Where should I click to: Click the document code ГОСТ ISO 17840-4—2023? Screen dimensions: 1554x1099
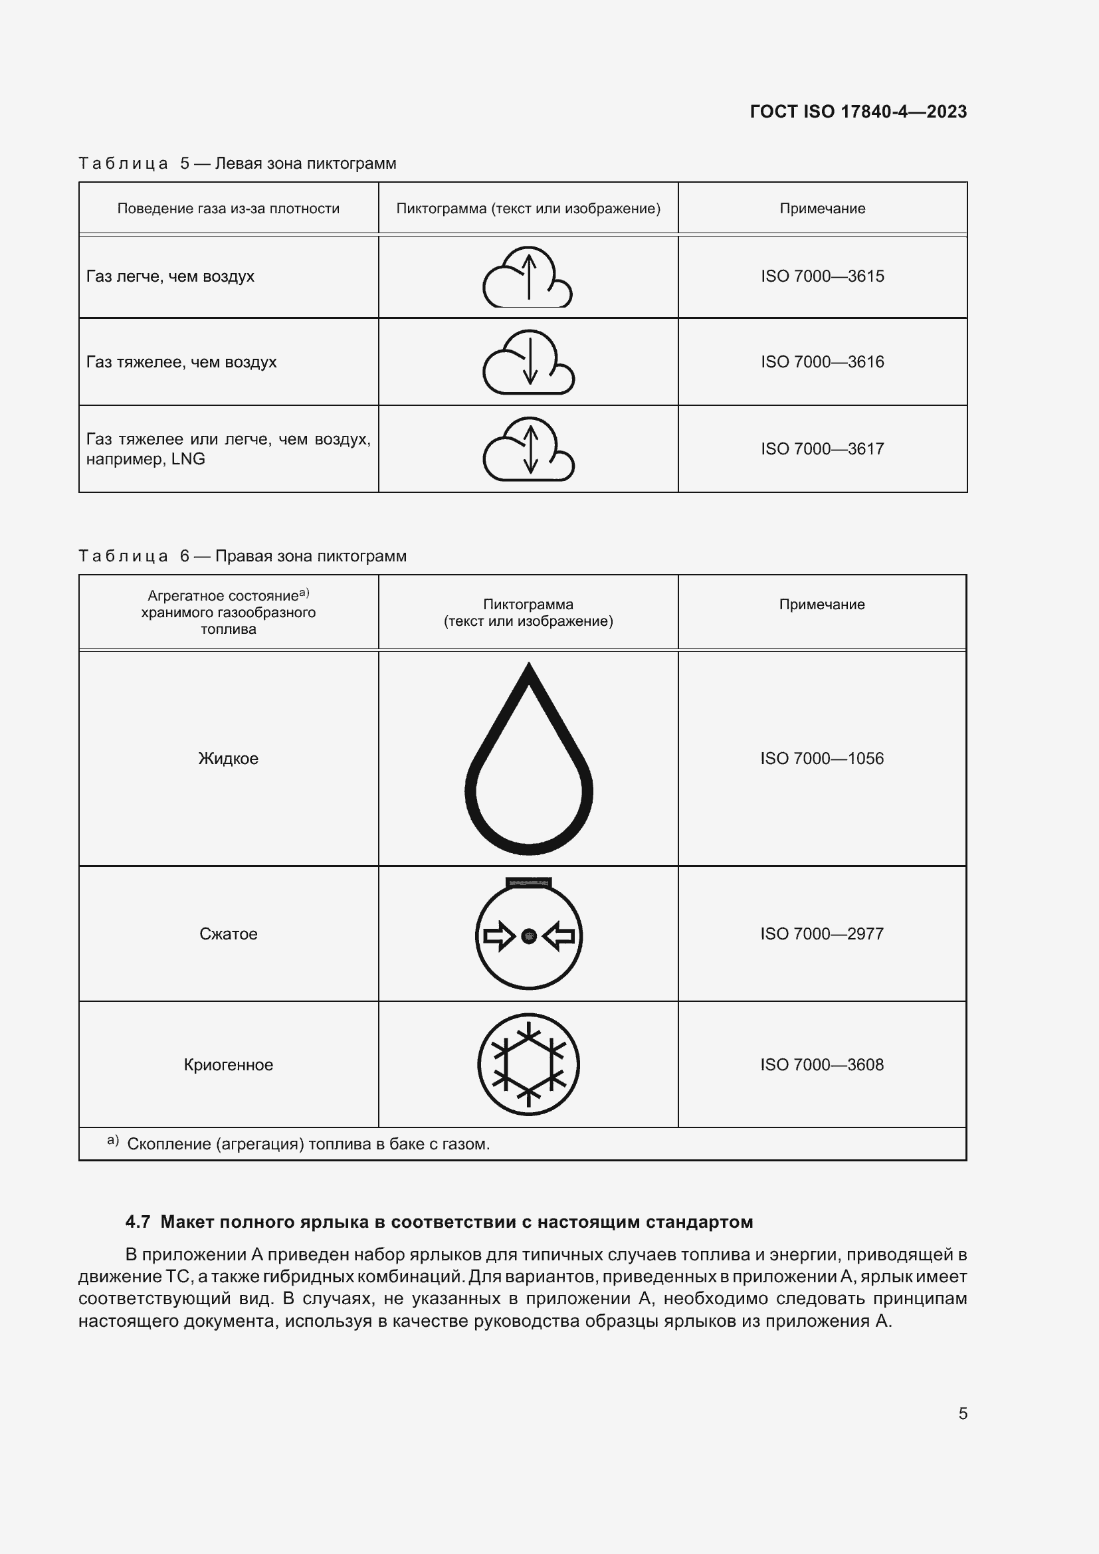(x=858, y=112)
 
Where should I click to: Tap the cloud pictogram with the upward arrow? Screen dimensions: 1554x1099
(x=527, y=278)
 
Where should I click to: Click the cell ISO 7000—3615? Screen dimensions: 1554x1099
(x=821, y=276)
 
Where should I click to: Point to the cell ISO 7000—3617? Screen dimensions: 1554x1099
(x=821, y=448)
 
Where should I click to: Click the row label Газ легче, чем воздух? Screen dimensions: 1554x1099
(x=170, y=276)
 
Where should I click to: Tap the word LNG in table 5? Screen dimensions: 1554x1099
(x=188, y=460)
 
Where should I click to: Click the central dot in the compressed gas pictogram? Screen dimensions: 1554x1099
(x=529, y=937)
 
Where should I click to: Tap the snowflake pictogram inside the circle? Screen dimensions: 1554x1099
(x=528, y=1064)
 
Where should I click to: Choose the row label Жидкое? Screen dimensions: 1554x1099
(x=228, y=759)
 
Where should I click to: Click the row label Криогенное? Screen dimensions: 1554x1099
(x=228, y=1064)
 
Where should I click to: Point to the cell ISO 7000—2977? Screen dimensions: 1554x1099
(x=821, y=934)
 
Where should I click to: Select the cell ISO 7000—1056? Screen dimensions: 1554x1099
(x=821, y=759)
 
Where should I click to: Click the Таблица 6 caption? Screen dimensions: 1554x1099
(x=243, y=556)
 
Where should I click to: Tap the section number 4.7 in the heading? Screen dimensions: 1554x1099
(x=138, y=1222)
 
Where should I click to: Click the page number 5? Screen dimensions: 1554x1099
(x=962, y=1413)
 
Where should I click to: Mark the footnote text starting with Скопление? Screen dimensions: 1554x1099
(x=308, y=1145)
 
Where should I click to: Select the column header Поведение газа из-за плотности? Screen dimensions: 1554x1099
(x=228, y=209)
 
